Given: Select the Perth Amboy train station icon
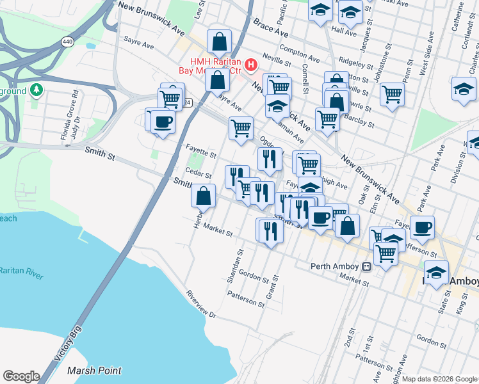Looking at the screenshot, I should (x=367, y=266).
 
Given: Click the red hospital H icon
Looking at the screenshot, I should (x=250, y=65).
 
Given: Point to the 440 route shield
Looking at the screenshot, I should (x=67, y=42).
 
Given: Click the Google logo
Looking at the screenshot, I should (x=21, y=376).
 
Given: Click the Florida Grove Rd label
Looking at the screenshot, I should (x=64, y=116).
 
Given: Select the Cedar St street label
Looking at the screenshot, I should (x=198, y=174).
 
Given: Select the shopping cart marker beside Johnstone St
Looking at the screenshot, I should (x=392, y=95).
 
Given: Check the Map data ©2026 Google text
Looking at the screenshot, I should (x=440, y=379).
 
